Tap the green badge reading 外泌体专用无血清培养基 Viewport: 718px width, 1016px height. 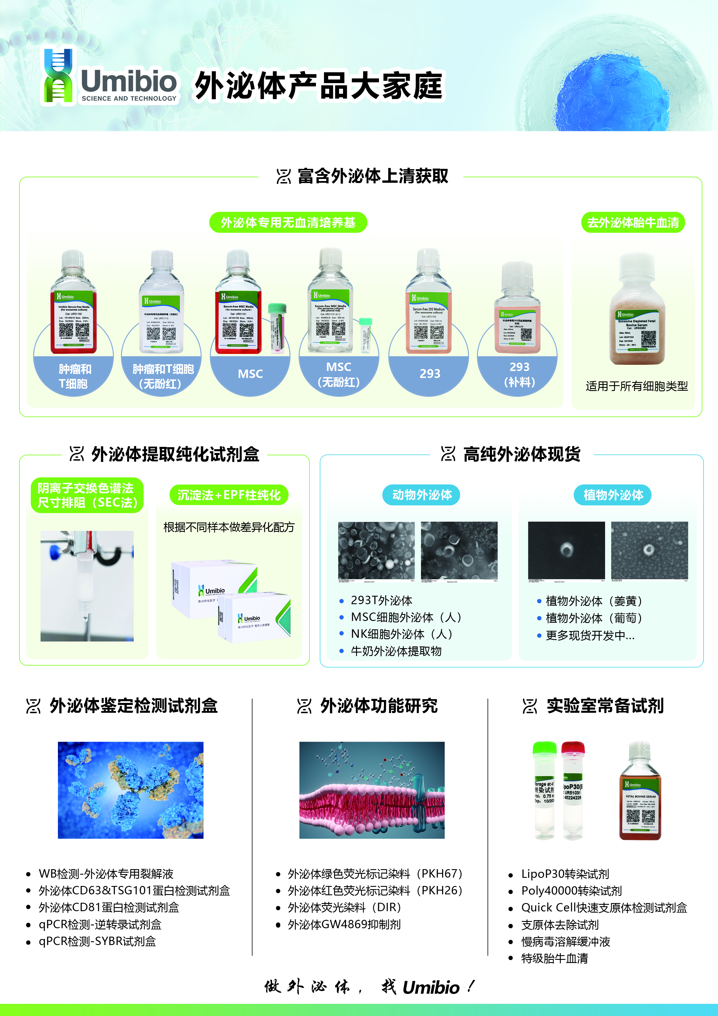[x=288, y=222]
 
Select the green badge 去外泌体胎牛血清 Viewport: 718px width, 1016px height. [x=633, y=222]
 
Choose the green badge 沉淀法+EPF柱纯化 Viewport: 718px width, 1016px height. [x=229, y=495]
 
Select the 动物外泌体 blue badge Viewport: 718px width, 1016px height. [x=422, y=495]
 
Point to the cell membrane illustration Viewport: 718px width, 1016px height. [x=372, y=790]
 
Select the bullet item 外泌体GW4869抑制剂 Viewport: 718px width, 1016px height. [x=344, y=924]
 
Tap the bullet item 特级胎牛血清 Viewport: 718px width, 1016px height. [x=554, y=958]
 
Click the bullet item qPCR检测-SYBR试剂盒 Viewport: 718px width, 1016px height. [x=97, y=941]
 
